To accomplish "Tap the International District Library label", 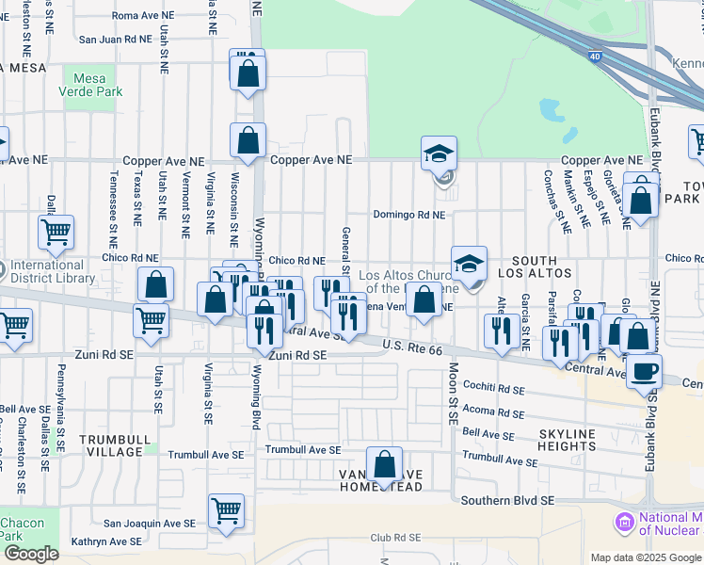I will tap(54, 271).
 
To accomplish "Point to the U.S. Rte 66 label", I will tap(411, 347).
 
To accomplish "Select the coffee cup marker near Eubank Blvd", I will tap(646, 371).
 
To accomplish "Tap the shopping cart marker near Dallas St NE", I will tap(56, 231).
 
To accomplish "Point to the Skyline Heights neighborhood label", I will tap(568, 439).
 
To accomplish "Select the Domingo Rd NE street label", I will tap(408, 215).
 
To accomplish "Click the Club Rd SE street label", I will tap(393, 538).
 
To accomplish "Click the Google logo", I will tap(31, 554).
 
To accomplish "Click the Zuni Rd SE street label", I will tap(296, 356).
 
